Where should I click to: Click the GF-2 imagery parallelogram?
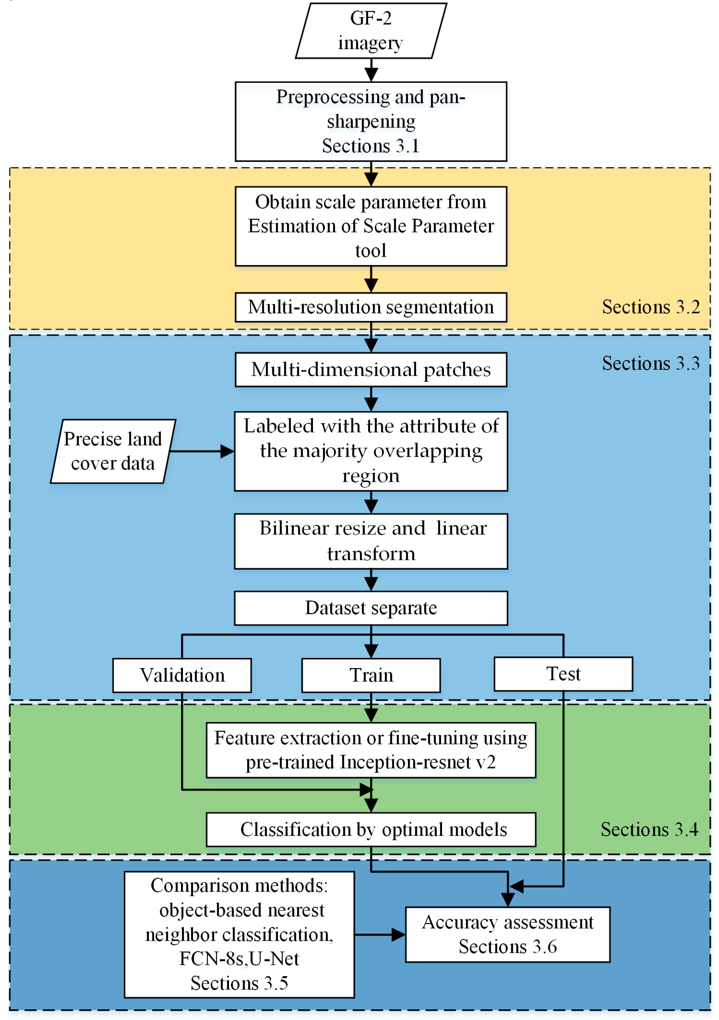(x=371, y=31)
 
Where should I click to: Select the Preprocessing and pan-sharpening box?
(x=371, y=121)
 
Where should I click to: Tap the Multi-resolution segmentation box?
(x=371, y=307)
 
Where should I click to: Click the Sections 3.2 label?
(x=651, y=307)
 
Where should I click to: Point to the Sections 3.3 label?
(x=651, y=364)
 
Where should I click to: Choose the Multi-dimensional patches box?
(x=371, y=370)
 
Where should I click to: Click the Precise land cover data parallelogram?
(x=113, y=451)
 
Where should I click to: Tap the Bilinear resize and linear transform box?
(x=371, y=541)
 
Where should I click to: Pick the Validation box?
(x=182, y=675)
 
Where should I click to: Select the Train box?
(x=371, y=675)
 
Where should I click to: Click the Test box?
(x=563, y=674)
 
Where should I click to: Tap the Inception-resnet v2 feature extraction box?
(x=371, y=750)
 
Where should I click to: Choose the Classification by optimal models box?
(x=371, y=829)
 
